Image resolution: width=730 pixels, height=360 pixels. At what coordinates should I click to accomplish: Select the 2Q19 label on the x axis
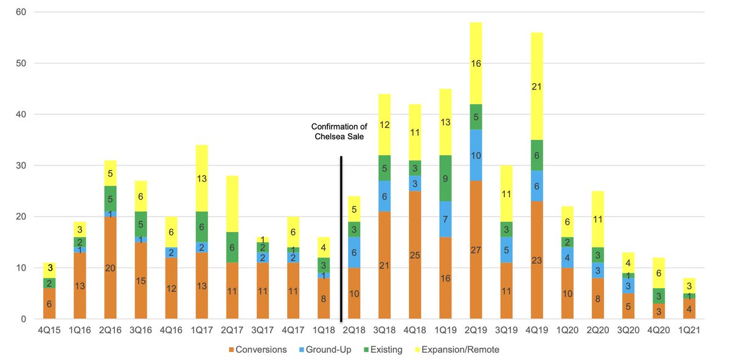[x=476, y=331]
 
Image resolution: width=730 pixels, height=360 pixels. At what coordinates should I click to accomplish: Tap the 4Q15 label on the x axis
[x=49, y=331]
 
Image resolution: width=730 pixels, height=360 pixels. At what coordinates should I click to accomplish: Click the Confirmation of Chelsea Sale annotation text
[x=339, y=131]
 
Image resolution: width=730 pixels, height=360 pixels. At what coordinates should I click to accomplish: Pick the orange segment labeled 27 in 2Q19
[x=476, y=249]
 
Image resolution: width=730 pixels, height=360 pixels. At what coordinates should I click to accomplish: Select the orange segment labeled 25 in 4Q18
[x=415, y=255]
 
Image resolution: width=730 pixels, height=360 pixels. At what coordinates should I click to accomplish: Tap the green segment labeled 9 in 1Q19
[x=446, y=179]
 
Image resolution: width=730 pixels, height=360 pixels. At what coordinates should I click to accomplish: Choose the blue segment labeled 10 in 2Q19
[x=476, y=155]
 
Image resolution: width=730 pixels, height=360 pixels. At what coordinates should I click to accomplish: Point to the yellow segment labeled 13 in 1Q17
[x=201, y=178]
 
